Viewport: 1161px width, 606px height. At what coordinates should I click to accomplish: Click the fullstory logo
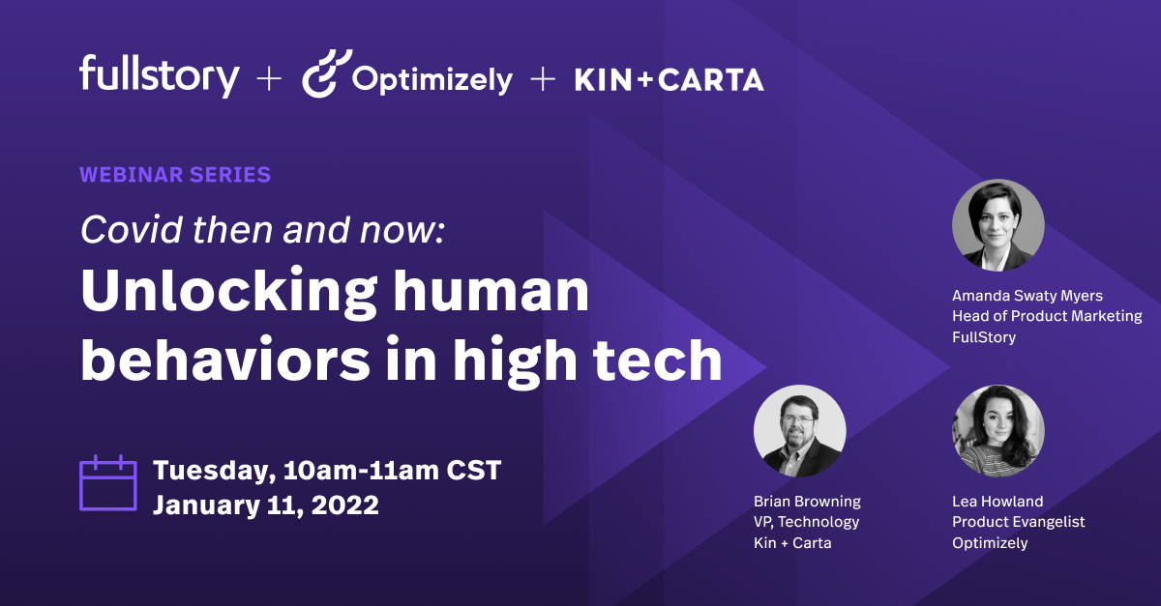(x=159, y=75)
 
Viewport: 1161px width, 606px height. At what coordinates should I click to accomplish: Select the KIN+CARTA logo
(x=669, y=79)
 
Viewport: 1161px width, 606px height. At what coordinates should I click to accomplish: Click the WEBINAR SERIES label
(x=175, y=175)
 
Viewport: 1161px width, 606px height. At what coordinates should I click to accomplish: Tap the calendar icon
(x=107, y=482)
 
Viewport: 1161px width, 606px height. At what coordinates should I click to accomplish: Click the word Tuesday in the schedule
(x=212, y=472)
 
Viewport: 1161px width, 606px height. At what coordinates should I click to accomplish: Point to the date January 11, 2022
(x=265, y=505)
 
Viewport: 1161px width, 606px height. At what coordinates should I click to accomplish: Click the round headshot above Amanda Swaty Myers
(x=998, y=226)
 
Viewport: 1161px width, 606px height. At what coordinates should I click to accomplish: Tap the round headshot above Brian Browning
(x=800, y=431)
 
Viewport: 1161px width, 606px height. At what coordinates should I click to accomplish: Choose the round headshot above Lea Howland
(x=998, y=431)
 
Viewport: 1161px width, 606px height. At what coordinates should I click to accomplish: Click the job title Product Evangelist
(x=1019, y=522)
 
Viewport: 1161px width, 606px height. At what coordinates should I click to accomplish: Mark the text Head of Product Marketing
(x=1047, y=316)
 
